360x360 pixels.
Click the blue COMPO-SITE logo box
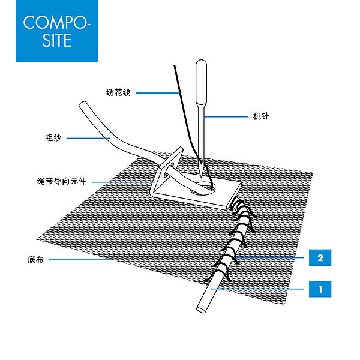tap(57, 31)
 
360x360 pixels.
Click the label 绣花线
tap(118, 92)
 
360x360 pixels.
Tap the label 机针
tap(260, 116)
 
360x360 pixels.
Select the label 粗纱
tap(53, 138)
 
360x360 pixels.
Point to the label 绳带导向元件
tap(62, 181)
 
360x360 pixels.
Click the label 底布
tap(35, 260)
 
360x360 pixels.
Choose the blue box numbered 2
tap(320, 257)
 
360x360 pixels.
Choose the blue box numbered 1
tap(320, 289)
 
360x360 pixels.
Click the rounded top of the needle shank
tap(201, 62)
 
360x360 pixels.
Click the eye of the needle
tap(202, 161)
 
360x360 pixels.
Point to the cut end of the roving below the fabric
tap(201, 310)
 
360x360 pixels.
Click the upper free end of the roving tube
tap(82, 104)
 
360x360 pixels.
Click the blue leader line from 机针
tap(226, 117)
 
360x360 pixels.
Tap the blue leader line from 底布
tap(80, 260)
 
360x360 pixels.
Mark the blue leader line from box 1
tap(257, 289)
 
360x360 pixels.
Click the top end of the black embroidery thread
tap(175, 66)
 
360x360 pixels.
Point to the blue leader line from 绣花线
tap(158, 93)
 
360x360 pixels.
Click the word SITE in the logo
tap(57, 41)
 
